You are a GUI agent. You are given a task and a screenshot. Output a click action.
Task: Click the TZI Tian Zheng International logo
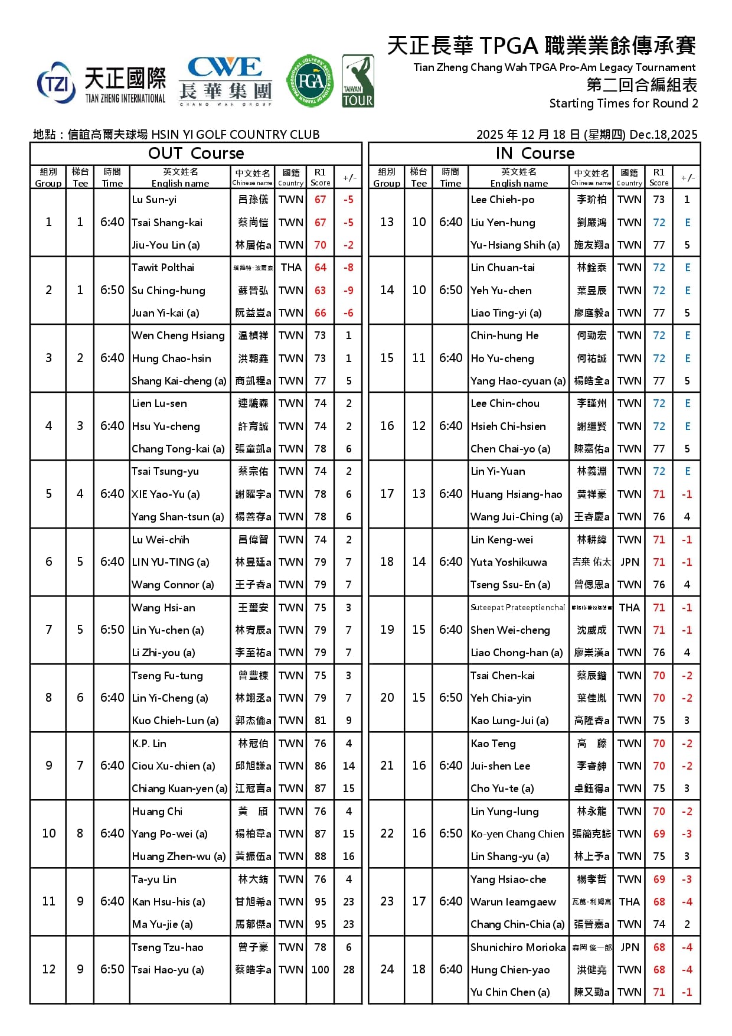click(101, 84)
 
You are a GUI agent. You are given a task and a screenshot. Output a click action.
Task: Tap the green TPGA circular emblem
click(310, 81)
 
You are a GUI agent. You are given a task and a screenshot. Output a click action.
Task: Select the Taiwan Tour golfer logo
click(358, 81)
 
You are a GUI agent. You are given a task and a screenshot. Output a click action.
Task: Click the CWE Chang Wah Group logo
click(225, 81)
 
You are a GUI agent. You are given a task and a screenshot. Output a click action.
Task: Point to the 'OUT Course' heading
click(196, 154)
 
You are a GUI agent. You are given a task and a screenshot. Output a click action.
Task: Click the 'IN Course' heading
click(535, 154)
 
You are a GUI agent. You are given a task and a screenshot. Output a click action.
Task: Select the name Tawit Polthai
click(163, 268)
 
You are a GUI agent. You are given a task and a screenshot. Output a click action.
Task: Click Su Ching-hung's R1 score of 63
click(320, 290)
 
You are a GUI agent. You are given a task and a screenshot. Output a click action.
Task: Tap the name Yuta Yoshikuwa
click(509, 562)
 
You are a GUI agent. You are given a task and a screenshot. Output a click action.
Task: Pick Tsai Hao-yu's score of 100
click(320, 969)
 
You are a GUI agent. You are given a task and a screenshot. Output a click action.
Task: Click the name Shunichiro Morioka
click(518, 947)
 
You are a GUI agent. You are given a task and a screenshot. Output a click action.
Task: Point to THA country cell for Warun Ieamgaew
click(629, 901)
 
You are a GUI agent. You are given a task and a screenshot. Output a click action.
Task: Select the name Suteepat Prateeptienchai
click(518, 607)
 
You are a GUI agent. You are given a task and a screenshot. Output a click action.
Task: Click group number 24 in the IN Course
click(387, 969)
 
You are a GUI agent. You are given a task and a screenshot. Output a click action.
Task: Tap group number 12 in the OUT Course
click(48, 969)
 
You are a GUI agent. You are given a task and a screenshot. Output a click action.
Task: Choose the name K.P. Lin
click(149, 744)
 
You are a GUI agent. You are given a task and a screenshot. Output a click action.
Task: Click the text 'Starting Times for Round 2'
click(623, 103)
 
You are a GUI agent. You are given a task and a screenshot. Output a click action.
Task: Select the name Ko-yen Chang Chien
click(518, 834)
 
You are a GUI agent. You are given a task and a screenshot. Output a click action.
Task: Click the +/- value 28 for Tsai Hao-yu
click(348, 969)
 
